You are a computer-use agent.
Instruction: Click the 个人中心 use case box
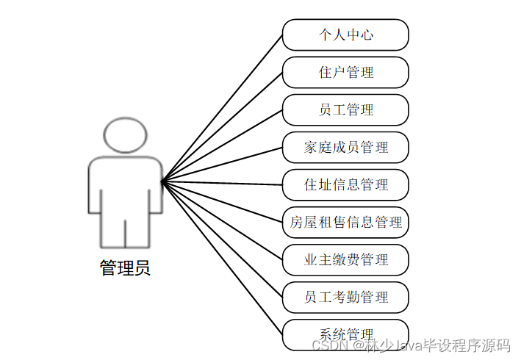pos(345,35)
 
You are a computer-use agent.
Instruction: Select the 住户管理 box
pos(345,72)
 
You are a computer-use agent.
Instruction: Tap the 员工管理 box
pos(345,109)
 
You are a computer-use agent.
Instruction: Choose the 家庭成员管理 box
pos(345,147)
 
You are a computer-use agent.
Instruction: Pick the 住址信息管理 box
pos(345,184)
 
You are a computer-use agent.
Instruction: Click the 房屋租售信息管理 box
pos(345,222)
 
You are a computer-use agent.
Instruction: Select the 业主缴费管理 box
pos(345,259)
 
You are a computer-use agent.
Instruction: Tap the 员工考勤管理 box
pos(345,297)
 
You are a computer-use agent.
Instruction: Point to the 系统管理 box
pos(345,334)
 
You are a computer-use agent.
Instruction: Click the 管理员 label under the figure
pos(125,268)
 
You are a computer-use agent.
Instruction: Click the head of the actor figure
pos(125,136)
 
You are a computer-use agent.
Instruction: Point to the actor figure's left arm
pos(95,187)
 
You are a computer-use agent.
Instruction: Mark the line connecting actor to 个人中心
pos(222,107)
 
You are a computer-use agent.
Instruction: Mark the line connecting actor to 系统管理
pos(222,257)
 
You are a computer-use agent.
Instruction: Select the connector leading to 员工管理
pos(222,145)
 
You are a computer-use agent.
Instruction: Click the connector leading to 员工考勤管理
pos(222,239)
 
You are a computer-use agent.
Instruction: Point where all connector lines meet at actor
pos(162,181)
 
